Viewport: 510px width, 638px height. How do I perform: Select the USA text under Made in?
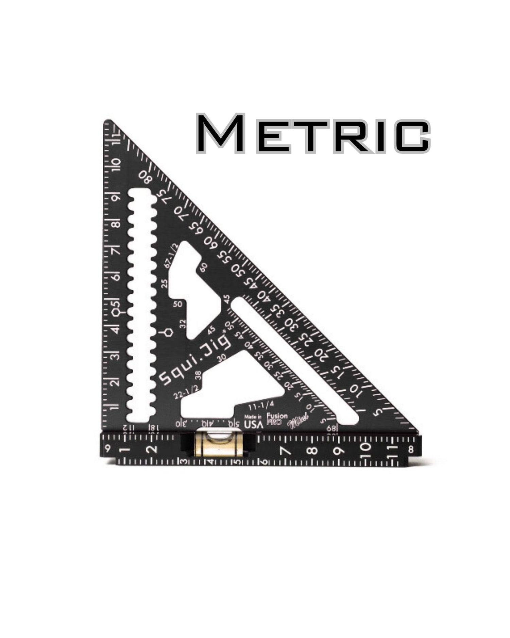(254, 424)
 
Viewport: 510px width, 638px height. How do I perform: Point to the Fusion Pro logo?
(277, 419)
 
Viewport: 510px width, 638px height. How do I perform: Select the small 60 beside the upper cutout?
(204, 267)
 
